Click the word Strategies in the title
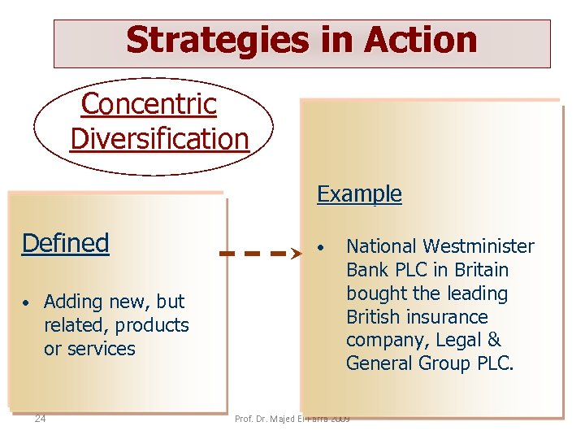(x=213, y=40)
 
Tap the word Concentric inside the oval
(x=149, y=104)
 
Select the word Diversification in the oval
(x=159, y=138)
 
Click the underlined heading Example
(x=359, y=193)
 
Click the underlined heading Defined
(x=65, y=242)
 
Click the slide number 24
(x=40, y=419)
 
